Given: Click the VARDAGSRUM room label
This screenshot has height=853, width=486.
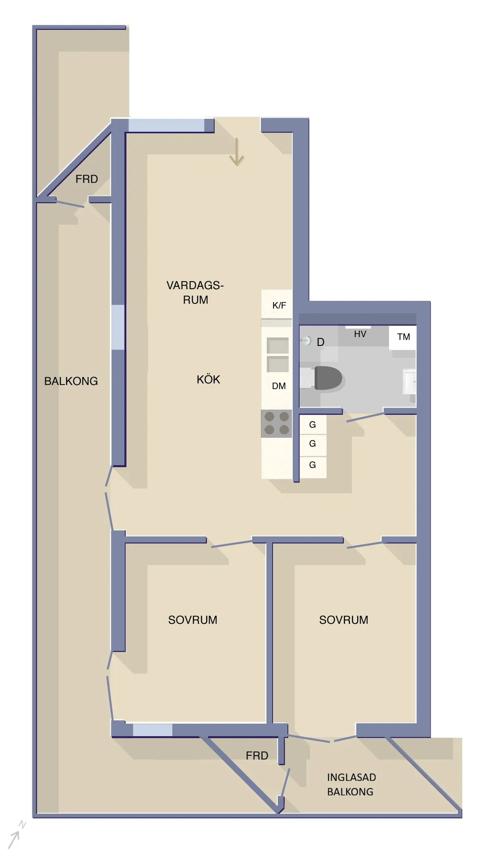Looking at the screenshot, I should [195, 292].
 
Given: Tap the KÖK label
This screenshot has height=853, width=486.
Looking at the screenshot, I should [208, 380].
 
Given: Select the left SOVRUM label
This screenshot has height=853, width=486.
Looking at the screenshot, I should [193, 620].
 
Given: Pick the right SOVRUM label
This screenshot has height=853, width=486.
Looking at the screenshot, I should [343, 620].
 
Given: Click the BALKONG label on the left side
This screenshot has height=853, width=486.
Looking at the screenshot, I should [71, 381].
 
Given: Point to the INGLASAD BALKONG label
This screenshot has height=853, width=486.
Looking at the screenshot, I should [351, 784].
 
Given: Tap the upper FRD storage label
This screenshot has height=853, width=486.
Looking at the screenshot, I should [87, 179].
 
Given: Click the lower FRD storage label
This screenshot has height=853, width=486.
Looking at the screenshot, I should [257, 755].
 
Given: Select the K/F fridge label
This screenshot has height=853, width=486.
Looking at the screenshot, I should [279, 305].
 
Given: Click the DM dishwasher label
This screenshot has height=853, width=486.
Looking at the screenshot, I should [279, 386].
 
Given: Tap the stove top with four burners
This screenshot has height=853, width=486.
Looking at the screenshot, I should [277, 423].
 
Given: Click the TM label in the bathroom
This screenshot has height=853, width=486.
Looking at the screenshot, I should [403, 337].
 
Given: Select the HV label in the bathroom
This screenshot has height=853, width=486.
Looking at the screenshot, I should [360, 334].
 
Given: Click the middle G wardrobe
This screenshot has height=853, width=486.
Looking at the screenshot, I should [312, 444].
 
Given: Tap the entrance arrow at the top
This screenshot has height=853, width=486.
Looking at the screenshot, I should [237, 152].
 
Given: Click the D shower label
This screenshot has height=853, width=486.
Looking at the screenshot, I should [320, 342].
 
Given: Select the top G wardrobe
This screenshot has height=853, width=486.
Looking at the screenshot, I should [312, 424].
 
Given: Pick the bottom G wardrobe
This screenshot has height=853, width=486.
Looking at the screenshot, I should [312, 465].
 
